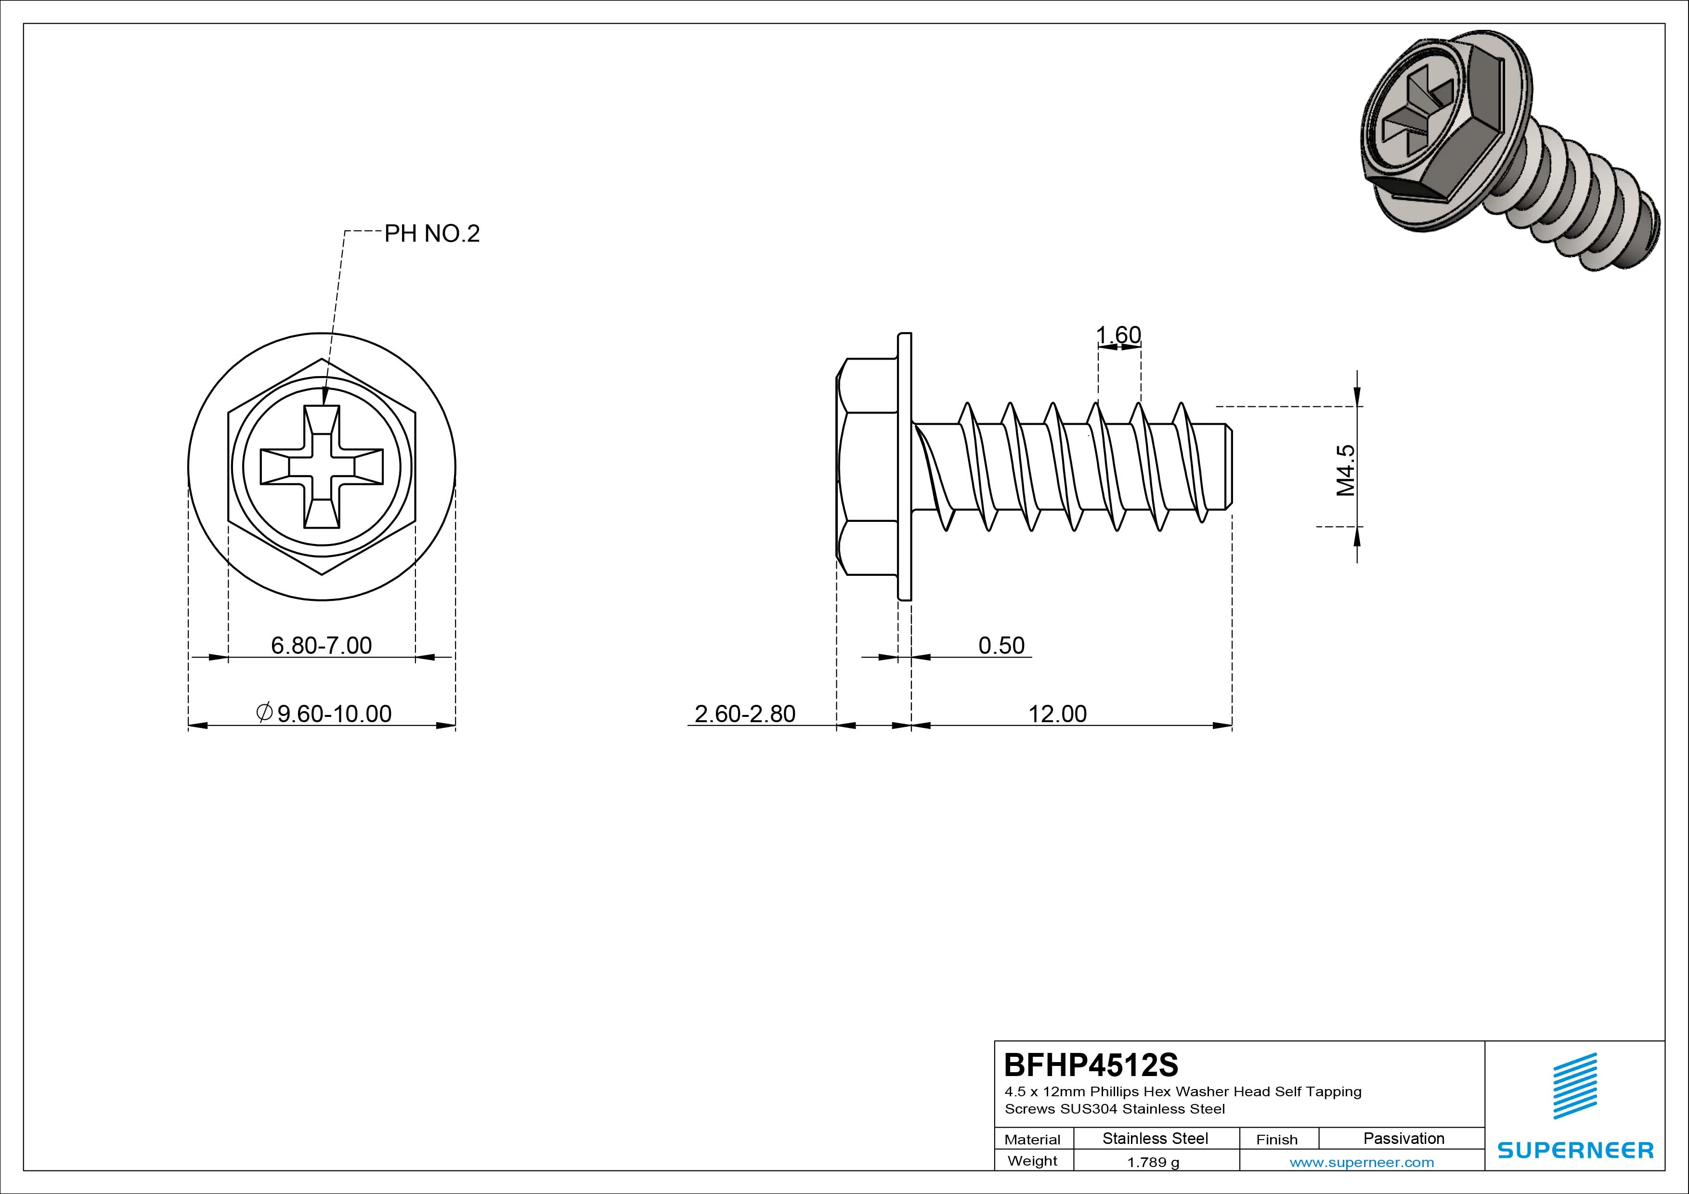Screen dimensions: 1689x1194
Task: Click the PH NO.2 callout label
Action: (432, 234)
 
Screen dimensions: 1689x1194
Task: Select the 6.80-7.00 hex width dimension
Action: (322, 645)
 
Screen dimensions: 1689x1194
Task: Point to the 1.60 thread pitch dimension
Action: (1118, 336)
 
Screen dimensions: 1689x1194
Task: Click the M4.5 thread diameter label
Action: (1345, 470)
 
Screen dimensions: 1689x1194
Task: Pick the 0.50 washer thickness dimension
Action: (1001, 645)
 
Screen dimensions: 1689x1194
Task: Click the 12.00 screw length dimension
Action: (1057, 714)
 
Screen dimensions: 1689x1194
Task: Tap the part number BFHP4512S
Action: (1091, 1064)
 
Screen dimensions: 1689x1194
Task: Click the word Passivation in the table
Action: (1403, 1138)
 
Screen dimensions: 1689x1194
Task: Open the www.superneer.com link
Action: (1362, 1162)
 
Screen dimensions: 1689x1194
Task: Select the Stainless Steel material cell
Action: (1155, 1138)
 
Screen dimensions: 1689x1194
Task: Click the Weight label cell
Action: (1032, 1161)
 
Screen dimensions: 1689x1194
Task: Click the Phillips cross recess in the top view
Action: (322, 467)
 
